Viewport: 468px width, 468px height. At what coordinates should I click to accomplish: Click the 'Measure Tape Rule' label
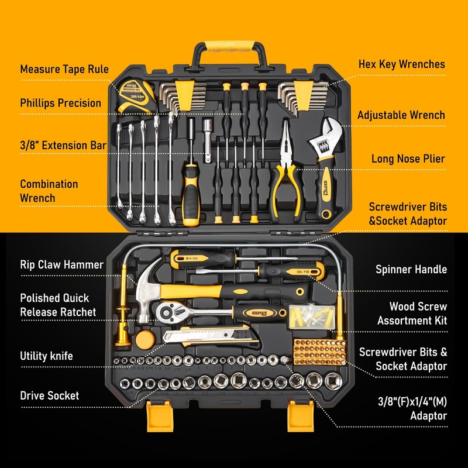[x=64, y=69]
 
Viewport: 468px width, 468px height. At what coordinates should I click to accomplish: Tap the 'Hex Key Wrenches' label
[x=401, y=64]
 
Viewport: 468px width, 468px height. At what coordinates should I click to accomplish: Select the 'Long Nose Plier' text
[x=408, y=159]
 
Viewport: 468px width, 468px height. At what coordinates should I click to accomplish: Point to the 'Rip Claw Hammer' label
[x=61, y=264]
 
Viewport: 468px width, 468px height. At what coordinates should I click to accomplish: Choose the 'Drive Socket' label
[x=49, y=395]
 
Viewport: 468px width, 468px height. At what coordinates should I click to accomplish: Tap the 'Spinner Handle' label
[x=411, y=270]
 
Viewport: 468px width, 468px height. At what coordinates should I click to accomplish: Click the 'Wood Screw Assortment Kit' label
[x=412, y=314]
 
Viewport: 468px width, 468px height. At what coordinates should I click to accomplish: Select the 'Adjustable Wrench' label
[x=401, y=115]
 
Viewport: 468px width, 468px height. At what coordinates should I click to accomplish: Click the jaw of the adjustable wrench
[x=321, y=132]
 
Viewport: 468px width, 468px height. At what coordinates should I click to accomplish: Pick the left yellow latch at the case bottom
[x=157, y=417]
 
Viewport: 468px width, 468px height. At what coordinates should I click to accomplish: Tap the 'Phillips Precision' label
[x=61, y=103]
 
